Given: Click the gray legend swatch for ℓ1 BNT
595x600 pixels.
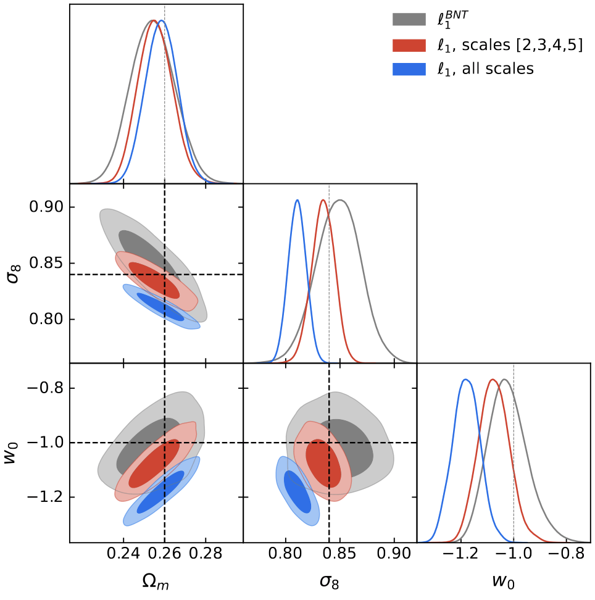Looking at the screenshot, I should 409,20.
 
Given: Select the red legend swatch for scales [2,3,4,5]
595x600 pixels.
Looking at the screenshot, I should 409,45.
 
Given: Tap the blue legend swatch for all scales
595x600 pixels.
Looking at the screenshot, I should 409,70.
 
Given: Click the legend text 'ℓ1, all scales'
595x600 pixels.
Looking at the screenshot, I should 485,69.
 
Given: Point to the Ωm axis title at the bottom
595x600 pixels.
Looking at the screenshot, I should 156,582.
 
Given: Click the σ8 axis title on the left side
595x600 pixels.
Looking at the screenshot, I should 12,273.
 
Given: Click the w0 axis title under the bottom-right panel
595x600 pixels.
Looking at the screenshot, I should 504,582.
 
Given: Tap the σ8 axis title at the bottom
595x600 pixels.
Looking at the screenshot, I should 330,582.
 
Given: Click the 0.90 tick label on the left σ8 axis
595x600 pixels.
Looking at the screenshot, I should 46,206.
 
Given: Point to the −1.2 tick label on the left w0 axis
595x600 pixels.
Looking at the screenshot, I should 44,497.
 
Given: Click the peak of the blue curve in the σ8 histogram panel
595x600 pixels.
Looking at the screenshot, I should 297,200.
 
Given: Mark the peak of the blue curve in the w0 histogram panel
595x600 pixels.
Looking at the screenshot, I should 466,380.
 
